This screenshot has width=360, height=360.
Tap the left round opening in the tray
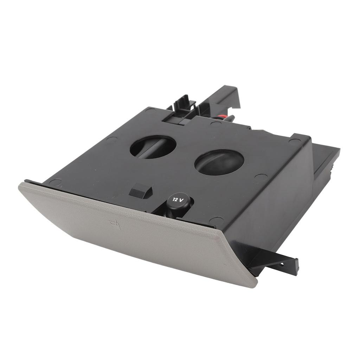[x=153, y=147]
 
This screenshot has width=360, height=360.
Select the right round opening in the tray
[x=219, y=162]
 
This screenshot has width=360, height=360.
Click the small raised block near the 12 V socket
[x=140, y=192]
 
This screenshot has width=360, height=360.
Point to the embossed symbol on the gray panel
[x=115, y=224]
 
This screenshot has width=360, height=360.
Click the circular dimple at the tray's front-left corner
[x=55, y=182]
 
